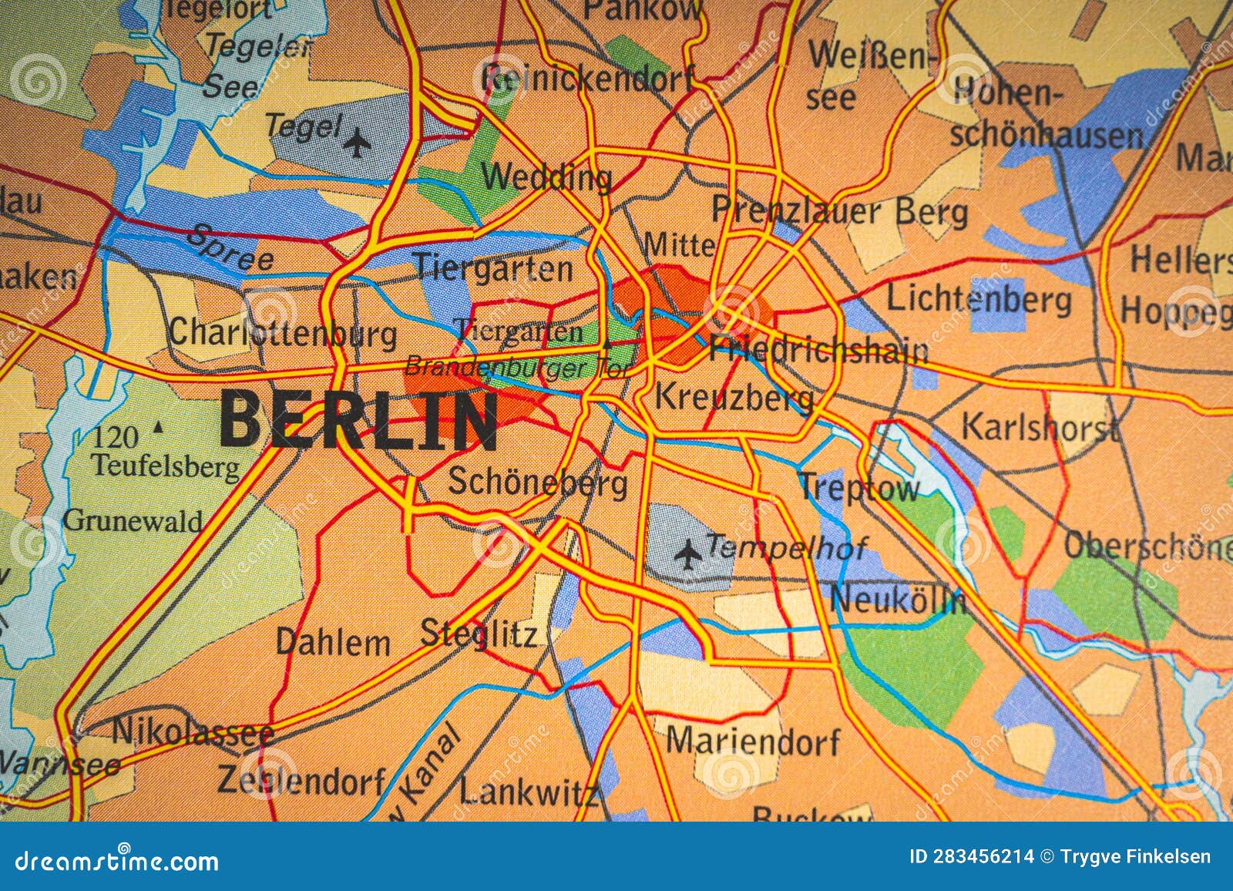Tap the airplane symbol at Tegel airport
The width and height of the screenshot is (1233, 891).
356,143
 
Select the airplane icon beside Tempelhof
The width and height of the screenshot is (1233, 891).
688,552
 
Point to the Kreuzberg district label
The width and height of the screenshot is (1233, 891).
733,398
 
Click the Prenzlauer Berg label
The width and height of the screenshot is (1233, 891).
839,211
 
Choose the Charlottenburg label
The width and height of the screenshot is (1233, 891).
283,333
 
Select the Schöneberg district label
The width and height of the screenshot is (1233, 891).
537,483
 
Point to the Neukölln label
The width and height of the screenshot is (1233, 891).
899,600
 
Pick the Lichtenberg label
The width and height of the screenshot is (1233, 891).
979,299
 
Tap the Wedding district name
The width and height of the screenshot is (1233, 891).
546,177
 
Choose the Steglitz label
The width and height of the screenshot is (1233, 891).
478,634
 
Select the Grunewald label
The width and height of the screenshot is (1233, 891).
133,520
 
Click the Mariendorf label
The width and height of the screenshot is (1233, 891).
753,741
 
